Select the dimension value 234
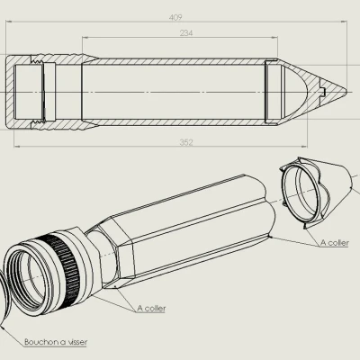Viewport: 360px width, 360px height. click(x=186, y=32)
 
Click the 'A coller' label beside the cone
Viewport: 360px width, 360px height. click(x=335, y=242)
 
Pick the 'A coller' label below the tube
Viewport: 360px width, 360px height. click(x=154, y=308)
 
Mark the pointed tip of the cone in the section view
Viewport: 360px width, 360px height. click(x=346, y=90)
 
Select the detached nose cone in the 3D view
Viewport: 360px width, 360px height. click(x=315, y=189)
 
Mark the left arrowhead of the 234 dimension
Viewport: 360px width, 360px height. click(x=85, y=38)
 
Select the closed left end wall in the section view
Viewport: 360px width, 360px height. click(x=11, y=90)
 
